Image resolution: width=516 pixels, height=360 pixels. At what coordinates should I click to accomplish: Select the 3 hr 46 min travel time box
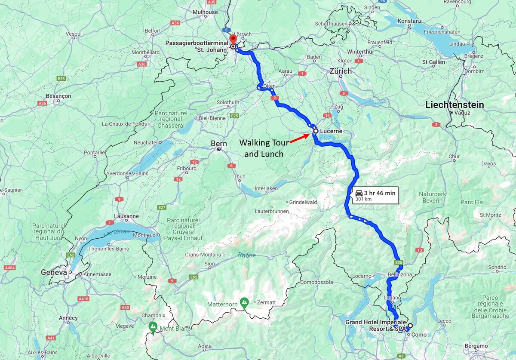375,196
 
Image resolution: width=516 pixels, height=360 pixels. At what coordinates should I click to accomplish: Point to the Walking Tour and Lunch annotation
264,148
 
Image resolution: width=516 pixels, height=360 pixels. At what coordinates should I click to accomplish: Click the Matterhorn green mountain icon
244,302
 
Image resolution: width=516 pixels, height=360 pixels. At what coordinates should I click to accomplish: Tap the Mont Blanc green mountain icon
153,327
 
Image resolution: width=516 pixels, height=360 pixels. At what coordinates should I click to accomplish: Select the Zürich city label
340,71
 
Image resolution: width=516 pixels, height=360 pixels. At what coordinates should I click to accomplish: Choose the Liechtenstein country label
455,105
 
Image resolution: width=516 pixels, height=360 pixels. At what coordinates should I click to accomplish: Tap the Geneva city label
54,273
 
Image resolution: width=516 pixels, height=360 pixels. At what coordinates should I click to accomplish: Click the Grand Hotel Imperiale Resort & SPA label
375,325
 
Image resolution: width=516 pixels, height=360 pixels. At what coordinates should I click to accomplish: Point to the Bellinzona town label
399,274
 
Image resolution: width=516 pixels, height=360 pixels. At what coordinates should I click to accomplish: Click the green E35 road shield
398,262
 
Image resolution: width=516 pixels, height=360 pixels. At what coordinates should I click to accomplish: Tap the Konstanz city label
409,21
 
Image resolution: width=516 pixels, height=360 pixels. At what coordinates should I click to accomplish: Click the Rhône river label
247,255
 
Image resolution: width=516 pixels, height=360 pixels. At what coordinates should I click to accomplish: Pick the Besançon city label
58,96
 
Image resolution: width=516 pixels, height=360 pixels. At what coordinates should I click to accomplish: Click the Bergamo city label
476,346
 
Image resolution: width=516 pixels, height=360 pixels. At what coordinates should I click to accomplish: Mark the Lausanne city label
126,216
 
